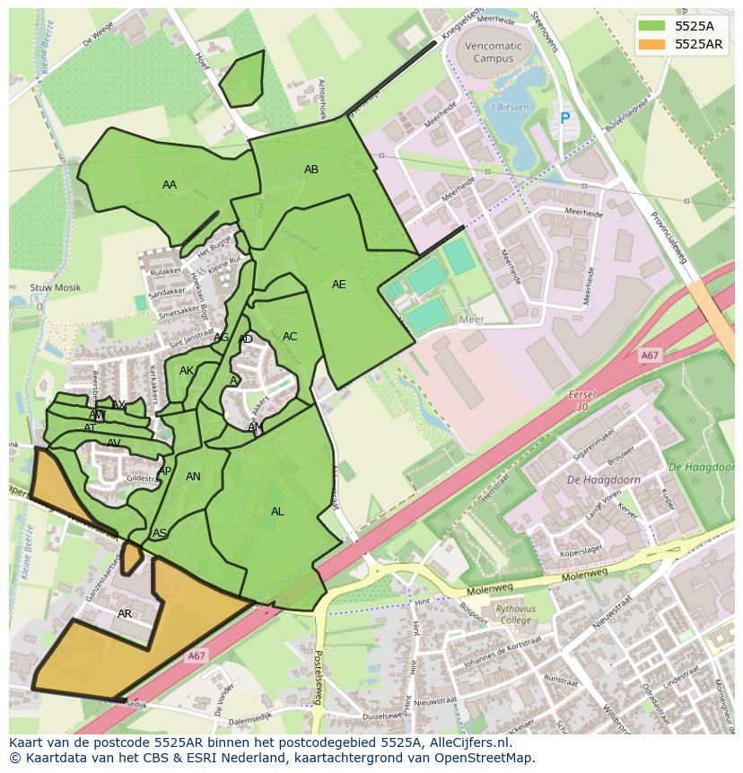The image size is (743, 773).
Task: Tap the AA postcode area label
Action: click(170, 185)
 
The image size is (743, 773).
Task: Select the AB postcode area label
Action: click(311, 170)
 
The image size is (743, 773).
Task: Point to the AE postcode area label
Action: click(338, 285)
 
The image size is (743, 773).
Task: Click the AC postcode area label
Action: click(290, 337)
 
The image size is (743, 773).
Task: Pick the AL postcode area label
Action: click(277, 512)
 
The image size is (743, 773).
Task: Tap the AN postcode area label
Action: click(193, 477)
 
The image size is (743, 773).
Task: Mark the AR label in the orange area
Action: click(125, 614)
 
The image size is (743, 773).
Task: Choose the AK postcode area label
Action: click(187, 371)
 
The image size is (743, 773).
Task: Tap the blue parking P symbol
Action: click(564, 118)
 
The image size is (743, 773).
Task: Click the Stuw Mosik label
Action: click(56, 288)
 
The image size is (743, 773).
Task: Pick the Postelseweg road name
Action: click(318, 678)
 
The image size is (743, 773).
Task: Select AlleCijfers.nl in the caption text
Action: click(466, 742)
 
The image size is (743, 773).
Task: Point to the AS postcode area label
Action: click(160, 533)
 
